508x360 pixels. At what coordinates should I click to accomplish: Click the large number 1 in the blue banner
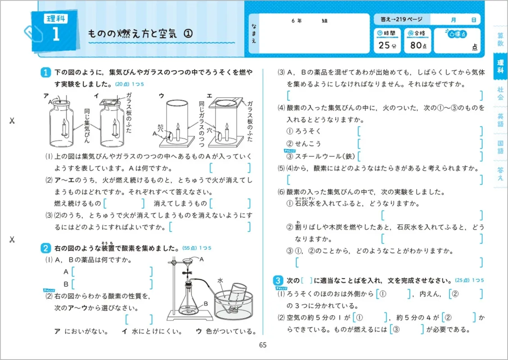[x=56, y=35]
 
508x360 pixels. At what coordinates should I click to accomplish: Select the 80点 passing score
[x=417, y=45]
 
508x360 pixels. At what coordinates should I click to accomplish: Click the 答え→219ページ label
[x=401, y=20]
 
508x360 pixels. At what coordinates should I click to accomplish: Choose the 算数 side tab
[x=500, y=40]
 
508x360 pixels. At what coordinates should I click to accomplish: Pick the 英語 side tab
[x=500, y=120]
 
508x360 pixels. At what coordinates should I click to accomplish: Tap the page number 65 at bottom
[x=263, y=345]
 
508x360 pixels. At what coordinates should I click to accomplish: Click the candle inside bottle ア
[x=64, y=128]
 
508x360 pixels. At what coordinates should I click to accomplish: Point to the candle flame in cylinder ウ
[x=177, y=126]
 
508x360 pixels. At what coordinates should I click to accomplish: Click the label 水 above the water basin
[x=219, y=280]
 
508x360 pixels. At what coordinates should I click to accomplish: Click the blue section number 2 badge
[x=45, y=247]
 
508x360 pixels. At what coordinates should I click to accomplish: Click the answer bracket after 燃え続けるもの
[x=124, y=204]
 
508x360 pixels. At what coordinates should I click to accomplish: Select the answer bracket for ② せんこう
[x=420, y=144]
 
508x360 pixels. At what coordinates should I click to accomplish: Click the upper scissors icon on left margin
[x=12, y=121]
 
